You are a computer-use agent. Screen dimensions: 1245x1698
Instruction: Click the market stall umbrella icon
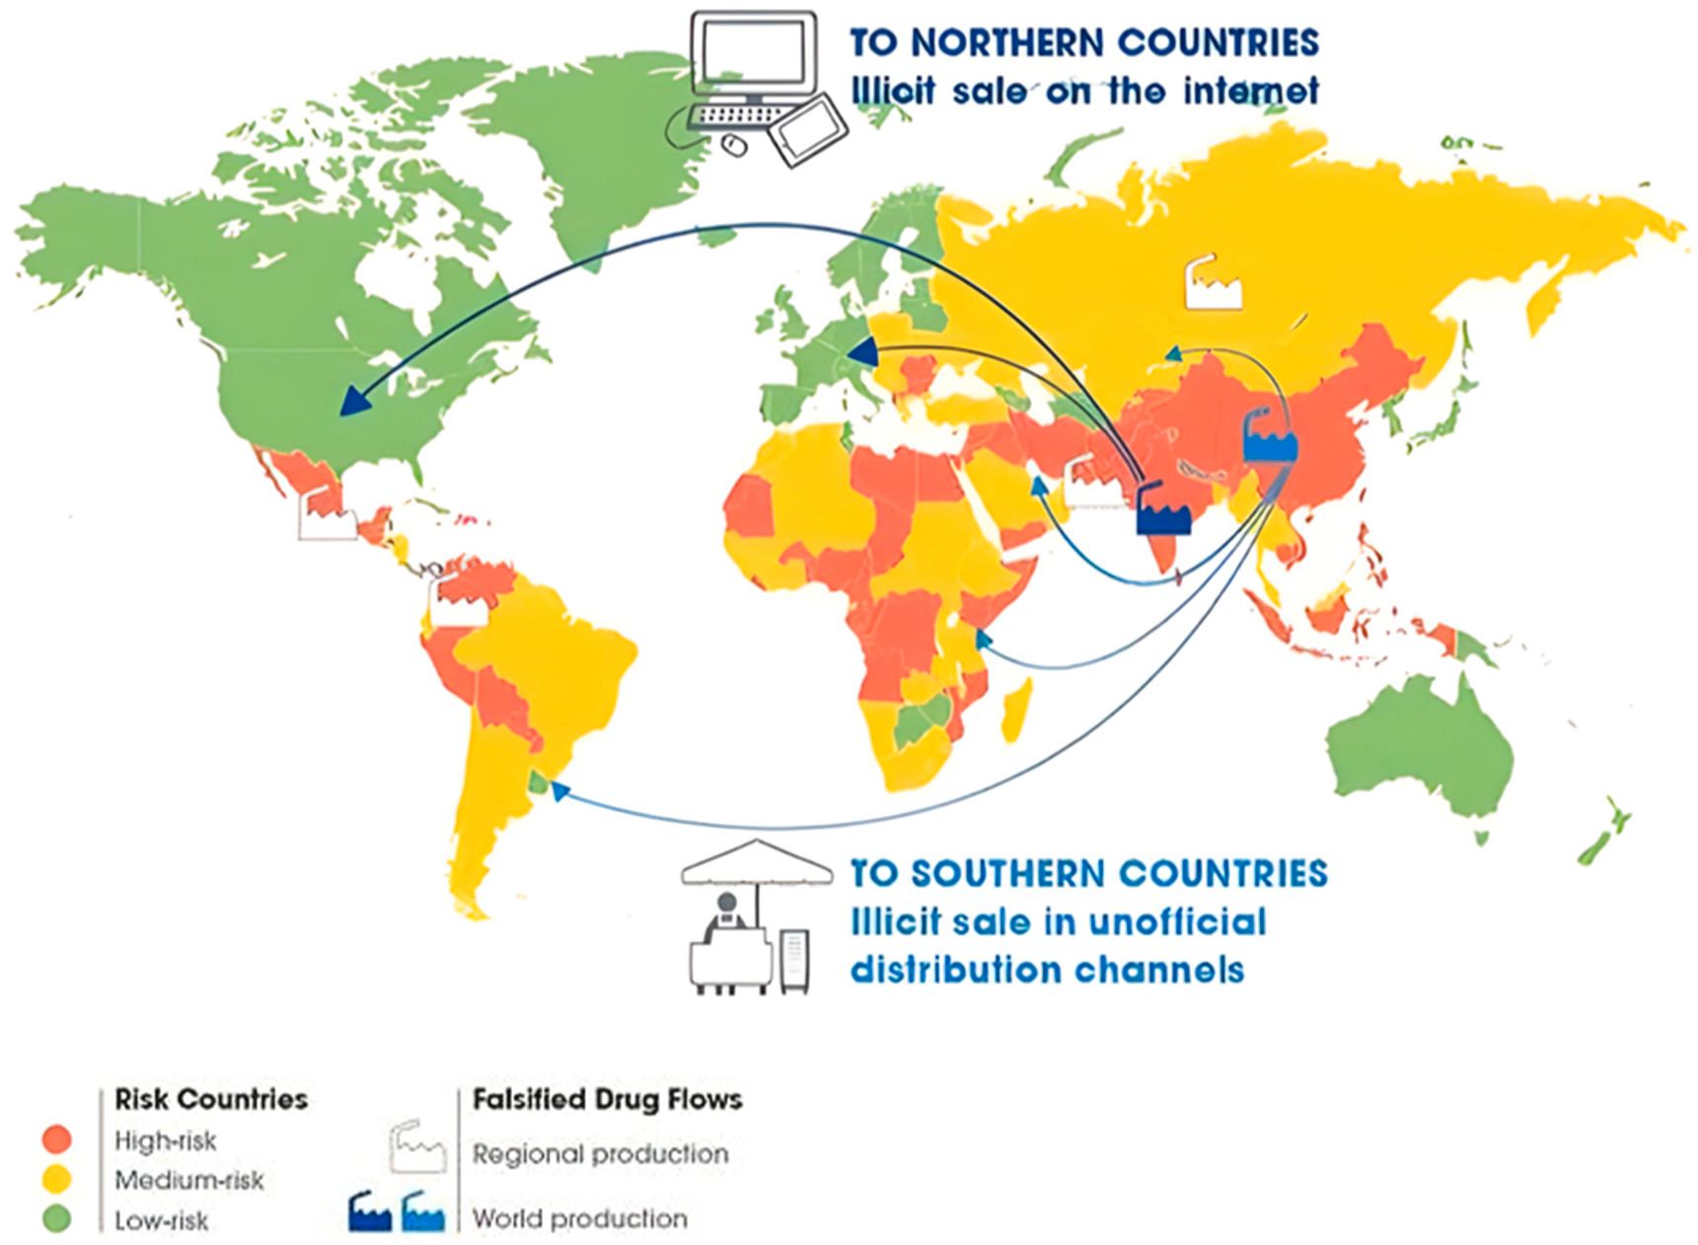point(757,863)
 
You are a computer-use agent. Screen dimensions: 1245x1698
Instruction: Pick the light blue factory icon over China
point(1270,436)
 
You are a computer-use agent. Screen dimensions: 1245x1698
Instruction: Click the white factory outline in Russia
point(1213,284)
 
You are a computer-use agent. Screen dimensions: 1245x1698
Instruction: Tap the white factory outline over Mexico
point(327,515)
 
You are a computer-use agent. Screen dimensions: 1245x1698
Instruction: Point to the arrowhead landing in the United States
point(351,402)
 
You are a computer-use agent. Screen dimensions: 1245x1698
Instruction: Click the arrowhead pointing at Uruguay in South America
point(558,789)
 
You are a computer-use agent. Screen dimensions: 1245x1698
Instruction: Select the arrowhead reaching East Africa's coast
point(982,639)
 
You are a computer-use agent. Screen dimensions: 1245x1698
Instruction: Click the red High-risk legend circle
point(57,1139)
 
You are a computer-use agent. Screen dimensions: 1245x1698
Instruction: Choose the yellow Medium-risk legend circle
point(57,1179)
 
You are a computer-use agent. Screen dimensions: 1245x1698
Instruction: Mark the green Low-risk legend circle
point(57,1219)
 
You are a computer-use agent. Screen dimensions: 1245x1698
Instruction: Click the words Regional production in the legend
point(600,1153)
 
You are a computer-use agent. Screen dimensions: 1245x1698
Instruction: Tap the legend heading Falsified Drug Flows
point(607,1099)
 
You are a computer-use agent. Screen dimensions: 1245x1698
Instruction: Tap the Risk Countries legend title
point(211,1099)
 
